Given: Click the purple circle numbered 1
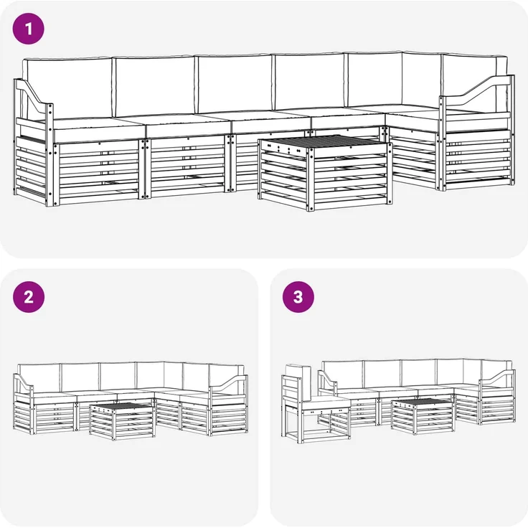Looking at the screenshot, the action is click(28, 29).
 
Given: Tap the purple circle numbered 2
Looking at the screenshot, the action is click(29, 297).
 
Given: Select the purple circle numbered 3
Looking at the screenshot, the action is click(298, 297).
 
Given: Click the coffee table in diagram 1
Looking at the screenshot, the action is click(325, 173).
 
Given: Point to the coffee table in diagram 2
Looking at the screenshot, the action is click(122, 421).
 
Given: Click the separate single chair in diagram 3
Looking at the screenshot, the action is click(315, 404).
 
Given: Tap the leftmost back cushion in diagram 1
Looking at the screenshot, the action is click(67, 88).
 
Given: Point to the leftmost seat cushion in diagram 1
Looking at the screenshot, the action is click(98, 129).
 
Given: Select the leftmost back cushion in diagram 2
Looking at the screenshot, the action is click(39, 378).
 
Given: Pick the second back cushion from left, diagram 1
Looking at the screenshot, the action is click(154, 86).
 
